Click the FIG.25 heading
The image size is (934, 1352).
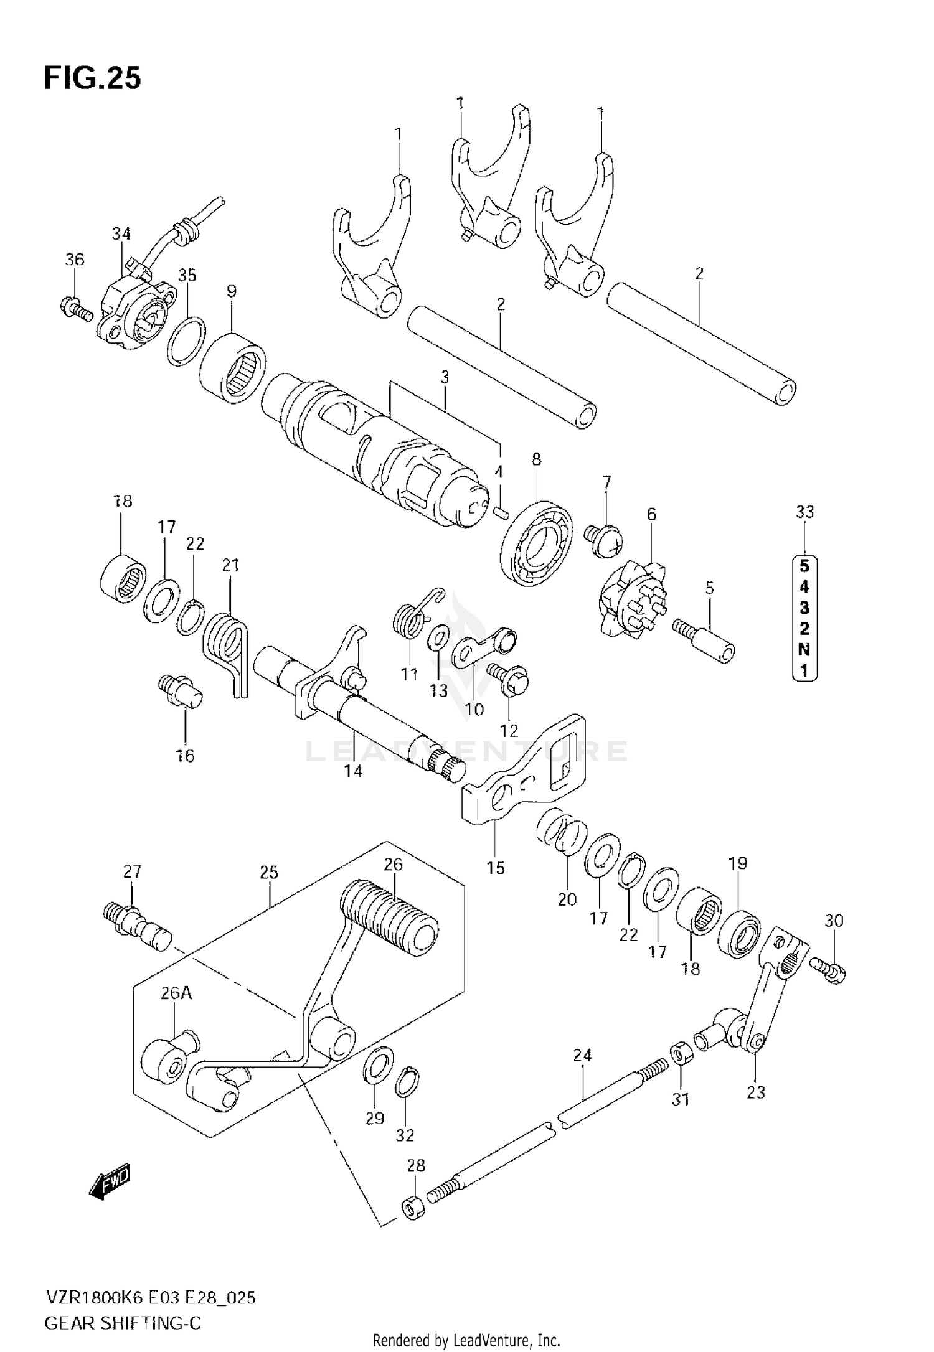[92, 79]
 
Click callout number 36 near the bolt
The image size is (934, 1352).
[74, 260]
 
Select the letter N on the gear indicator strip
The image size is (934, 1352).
[804, 649]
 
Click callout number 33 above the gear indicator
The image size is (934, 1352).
[804, 512]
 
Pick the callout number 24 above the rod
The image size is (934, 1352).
[582, 1055]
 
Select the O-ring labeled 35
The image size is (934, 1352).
[186, 341]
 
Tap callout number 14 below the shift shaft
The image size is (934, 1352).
[353, 771]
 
